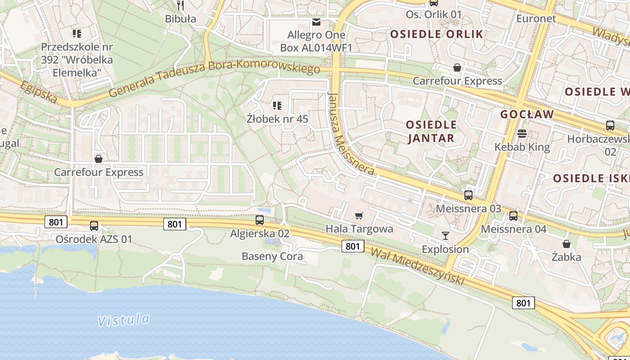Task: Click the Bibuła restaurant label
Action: (180, 19)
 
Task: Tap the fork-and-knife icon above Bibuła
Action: (180, 5)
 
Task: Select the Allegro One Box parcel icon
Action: (317, 22)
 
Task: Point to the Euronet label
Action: (536, 18)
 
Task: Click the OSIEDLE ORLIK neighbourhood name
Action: (436, 34)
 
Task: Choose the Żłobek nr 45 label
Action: (277, 119)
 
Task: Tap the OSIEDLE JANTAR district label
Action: (431, 131)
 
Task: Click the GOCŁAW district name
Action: (527, 114)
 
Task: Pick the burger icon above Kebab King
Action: (522, 134)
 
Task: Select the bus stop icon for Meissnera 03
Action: (468, 195)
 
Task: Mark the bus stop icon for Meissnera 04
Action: (513, 216)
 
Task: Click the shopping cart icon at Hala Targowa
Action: (359, 216)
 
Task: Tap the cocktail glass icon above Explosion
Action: (445, 235)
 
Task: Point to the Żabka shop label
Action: (567, 257)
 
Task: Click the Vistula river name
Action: (124, 320)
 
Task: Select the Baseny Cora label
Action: (272, 256)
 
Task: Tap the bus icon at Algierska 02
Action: (260, 220)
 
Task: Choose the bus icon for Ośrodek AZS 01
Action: (94, 226)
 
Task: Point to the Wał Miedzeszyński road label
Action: (417, 266)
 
